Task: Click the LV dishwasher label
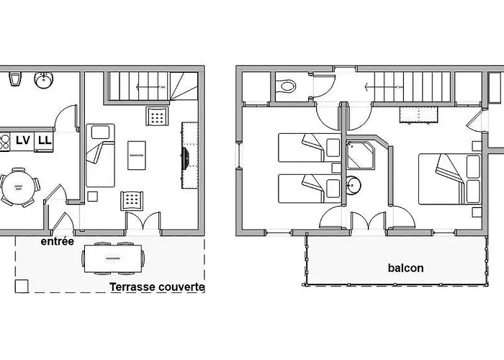pyautogui.click(x=23, y=140)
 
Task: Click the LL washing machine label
pyautogui.click(x=45, y=140)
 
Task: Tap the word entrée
pyautogui.click(x=57, y=241)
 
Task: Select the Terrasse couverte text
pyautogui.click(x=157, y=287)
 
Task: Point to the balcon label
pyautogui.click(x=405, y=268)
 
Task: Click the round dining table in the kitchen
pyautogui.click(x=18, y=187)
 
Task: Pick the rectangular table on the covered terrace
pyautogui.click(x=113, y=258)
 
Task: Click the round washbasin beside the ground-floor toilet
pyautogui.click(x=44, y=79)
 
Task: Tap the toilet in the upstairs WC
pyautogui.click(x=287, y=86)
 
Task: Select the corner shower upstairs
pyautogui.click(x=360, y=155)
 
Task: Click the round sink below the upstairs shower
pyautogui.click(x=354, y=185)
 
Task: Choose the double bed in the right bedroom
pyautogui.click(x=450, y=179)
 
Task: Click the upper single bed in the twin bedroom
pyautogui.click(x=309, y=148)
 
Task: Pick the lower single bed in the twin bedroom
pyautogui.click(x=309, y=189)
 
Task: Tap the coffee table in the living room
pyautogui.click(x=137, y=156)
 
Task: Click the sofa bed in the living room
pyautogui.click(x=100, y=156)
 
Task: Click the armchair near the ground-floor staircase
pyautogui.click(x=157, y=116)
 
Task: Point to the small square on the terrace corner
pyautogui.click(x=22, y=286)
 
